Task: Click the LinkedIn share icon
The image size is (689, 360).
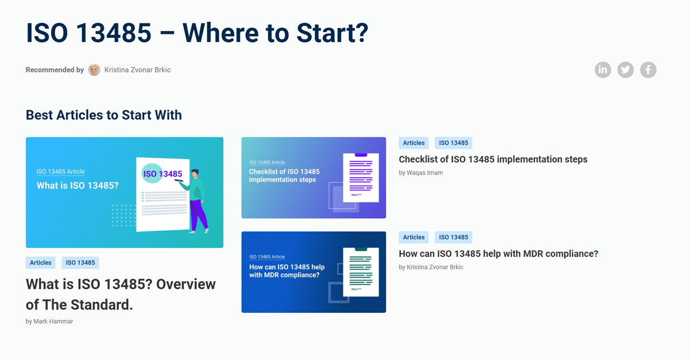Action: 602,70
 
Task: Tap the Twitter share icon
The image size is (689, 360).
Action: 625,70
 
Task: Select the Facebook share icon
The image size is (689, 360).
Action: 648,70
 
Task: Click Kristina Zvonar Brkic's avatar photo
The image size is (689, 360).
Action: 94,70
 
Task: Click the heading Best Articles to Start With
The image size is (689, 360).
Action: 104,115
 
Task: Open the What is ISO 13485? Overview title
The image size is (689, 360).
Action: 121,294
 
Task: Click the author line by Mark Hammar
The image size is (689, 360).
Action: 49,321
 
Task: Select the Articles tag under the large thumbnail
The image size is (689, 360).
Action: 41,263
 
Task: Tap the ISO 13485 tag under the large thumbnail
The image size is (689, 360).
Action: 80,263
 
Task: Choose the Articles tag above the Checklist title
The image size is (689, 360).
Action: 414,143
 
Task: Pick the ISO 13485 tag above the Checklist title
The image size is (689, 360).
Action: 454,143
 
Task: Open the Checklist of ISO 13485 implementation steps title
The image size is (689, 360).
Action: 493,160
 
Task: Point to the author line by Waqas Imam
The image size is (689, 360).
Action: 421,173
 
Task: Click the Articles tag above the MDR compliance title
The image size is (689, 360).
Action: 414,237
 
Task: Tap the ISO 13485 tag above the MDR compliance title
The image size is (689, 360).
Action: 454,237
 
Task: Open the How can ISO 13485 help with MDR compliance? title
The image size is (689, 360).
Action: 498,254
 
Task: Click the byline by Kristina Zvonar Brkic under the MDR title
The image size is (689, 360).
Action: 431,267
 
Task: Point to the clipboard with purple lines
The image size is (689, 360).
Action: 361,178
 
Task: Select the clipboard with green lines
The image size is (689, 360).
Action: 361,272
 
